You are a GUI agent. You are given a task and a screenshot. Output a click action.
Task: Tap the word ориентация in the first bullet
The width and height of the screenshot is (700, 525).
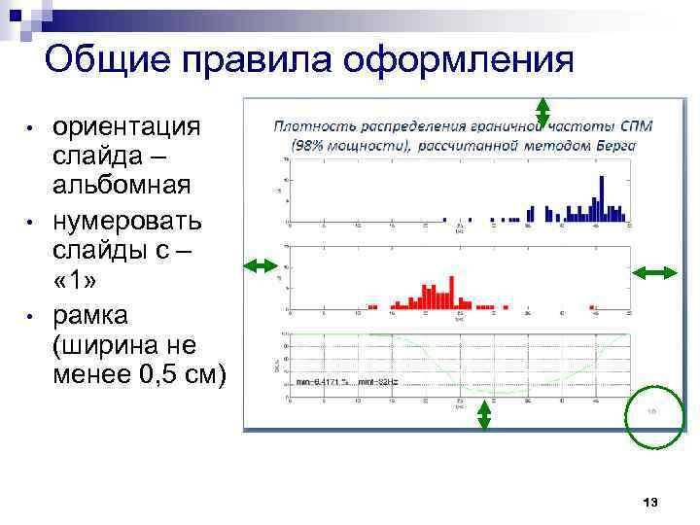pyautogui.click(x=126, y=127)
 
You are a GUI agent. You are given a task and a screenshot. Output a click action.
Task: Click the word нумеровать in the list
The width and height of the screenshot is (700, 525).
pyautogui.click(x=127, y=221)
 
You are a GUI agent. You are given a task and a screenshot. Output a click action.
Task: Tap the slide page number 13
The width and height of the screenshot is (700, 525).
pyautogui.click(x=650, y=502)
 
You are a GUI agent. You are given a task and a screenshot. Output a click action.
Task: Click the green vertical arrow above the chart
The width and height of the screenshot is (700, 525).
pyautogui.click(x=542, y=112)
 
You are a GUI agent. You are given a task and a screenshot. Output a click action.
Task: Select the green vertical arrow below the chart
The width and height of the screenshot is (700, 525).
pyautogui.click(x=484, y=416)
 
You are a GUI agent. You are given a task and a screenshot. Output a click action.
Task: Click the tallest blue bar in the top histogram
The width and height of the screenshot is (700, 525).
pyautogui.click(x=603, y=198)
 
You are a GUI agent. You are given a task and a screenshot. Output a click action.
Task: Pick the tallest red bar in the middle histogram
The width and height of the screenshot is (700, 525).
pyautogui.click(x=451, y=291)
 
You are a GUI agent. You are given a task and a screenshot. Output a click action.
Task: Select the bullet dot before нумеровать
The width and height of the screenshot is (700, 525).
pyautogui.click(x=31, y=222)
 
